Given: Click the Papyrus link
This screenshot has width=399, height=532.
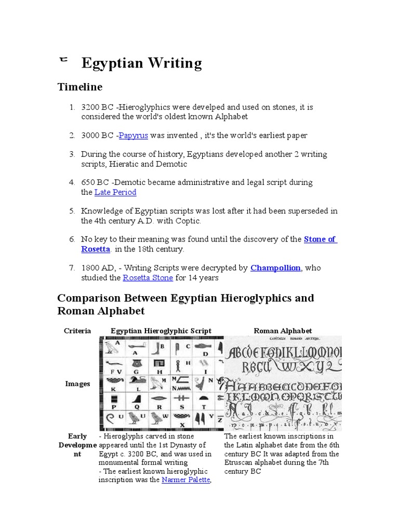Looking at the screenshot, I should click(x=134, y=136).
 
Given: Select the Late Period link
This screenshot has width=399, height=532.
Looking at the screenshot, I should click(x=115, y=192).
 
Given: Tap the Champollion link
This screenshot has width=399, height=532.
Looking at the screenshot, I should click(x=275, y=268).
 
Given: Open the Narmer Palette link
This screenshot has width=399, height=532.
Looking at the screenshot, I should click(x=185, y=480).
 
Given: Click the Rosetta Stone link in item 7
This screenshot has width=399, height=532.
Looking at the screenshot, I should click(x=148, y=278).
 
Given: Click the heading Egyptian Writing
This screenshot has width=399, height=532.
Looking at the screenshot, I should click(x=142, y=63).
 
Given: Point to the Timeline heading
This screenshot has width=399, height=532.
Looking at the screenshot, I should click(x=79, y=87).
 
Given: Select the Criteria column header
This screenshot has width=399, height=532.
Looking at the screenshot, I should click(x=77, y=331).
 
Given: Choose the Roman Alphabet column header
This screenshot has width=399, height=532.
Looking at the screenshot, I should click(x=283, y=331).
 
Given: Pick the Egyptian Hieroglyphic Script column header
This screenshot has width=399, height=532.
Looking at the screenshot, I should click(x=161, y=331).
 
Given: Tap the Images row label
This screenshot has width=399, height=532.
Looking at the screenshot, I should click(x=77, y=384).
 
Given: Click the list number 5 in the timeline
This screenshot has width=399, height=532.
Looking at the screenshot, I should click(x=72, y=211).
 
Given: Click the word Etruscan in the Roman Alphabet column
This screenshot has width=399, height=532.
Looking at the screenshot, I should click(x=239, y=462).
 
